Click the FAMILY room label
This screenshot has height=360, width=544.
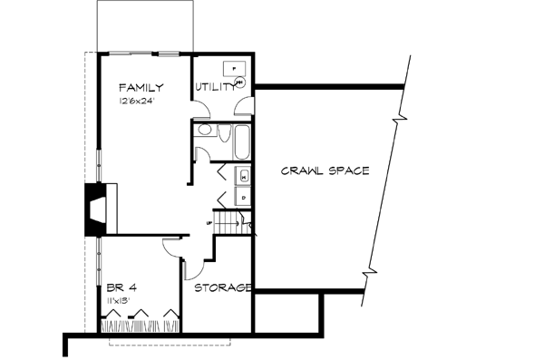click(141, 88)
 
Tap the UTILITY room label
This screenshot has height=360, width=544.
click(216, 88)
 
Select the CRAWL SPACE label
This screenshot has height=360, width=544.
click(324, 170)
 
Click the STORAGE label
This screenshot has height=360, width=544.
click(222, 287)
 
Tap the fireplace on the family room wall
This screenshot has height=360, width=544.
click(94, 209)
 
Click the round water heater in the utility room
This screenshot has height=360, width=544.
click(240, 83)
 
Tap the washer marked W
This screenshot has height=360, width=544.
click(243, 176)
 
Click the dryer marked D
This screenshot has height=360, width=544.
click(243, 195)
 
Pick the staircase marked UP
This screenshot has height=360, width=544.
click(233, 222)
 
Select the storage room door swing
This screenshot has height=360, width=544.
click(193, 268)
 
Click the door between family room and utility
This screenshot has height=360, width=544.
click(202, 111)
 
